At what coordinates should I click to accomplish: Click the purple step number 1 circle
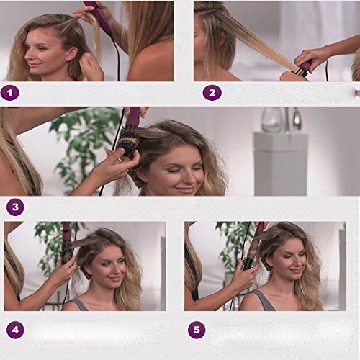point(10,93)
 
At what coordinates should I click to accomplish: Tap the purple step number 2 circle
point(212,93)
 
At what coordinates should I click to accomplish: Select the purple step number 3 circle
point(15,207)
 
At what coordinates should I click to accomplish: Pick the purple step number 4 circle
point(15,330)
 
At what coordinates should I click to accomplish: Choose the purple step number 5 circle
point(197,330)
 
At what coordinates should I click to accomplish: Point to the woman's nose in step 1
point(28,55)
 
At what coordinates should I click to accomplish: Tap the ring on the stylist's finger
point(120,160)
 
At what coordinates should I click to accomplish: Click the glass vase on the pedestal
point(272,120)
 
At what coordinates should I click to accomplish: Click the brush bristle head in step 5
point(248,264)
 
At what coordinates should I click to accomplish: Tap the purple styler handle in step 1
point(99,17)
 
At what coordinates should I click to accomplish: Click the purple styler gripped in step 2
point(304,66)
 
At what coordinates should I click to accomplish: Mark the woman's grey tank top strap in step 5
point(266,300)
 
